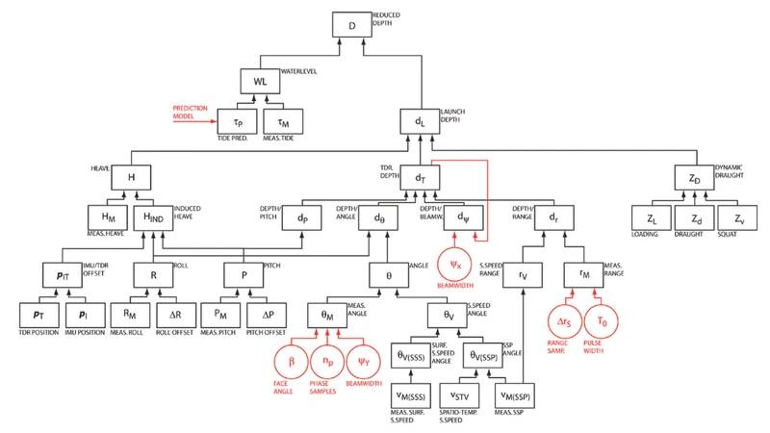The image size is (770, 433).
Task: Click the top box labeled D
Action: click(352, 26)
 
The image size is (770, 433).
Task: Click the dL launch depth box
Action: click(420, 122)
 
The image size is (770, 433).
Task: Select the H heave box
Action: click(132, 177)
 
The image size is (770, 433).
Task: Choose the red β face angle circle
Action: click(293, 362)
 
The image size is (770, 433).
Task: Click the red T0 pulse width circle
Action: click(603, 319)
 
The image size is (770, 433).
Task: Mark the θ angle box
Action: click(390, 274)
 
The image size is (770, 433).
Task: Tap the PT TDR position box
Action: click(39, 315)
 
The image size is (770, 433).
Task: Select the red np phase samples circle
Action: click(328, 362)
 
